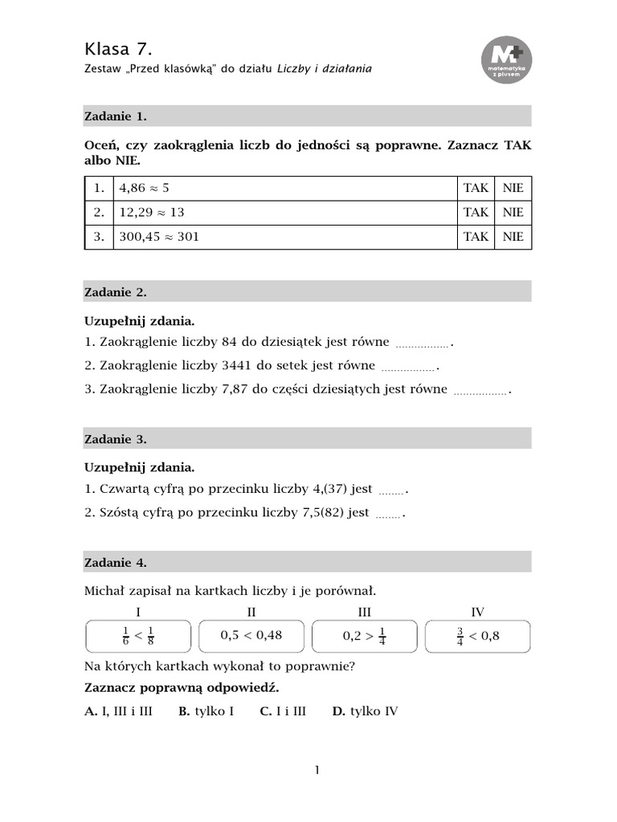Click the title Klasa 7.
118,48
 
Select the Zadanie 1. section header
116,116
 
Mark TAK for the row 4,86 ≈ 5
476,188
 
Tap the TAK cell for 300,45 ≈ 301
476,237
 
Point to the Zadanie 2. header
116,291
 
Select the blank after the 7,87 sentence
480,392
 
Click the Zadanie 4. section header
116,563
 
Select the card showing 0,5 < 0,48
251,636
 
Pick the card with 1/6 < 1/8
138,636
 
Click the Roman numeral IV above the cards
477,612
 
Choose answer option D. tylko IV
365,711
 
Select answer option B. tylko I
206,711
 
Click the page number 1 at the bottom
317,771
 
